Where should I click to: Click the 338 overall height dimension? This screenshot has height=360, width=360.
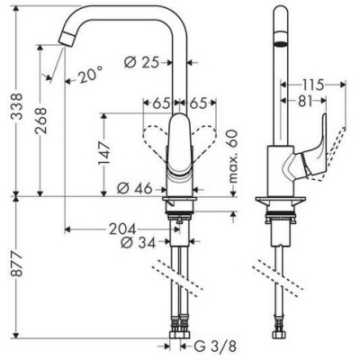17,107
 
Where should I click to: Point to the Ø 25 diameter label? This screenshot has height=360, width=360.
141,62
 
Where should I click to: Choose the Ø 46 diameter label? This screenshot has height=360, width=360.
134,189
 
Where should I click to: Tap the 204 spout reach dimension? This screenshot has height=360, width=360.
122,229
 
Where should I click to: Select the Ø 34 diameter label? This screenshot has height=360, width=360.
139,242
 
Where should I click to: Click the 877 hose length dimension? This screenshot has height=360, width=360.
17,265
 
